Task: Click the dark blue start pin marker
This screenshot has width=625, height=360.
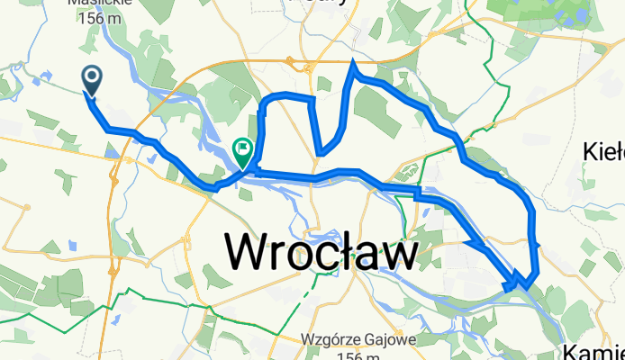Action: click(92, 79)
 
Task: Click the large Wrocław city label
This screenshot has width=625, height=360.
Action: click(321, 250)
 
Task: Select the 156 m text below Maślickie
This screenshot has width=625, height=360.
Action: click(101, 17)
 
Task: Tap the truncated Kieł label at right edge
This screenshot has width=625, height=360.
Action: click(605, 150)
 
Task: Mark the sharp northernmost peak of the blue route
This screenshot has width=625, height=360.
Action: click(353, 62)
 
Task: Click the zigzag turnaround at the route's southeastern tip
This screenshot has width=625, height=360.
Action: click(518, 283)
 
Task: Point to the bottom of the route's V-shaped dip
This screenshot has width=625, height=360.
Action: click(320, 152)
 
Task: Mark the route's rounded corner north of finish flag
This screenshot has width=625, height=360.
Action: click(264, 101)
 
